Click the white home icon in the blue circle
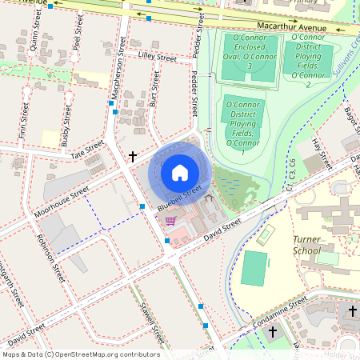click(180, 172)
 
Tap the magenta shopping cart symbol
click(170, 221)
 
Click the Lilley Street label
click(157, 58)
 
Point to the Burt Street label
click(154, 87)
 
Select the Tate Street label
click(88, 150)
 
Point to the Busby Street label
click(65, 132)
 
